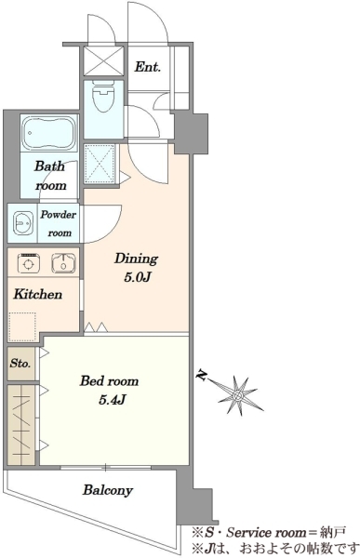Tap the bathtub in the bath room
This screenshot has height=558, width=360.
pos(49,133)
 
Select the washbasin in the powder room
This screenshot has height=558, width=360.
pos(23,223)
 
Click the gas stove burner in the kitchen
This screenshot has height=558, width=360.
pos(29,264)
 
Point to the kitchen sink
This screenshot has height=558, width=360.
pos(63,263)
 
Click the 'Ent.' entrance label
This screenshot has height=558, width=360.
pos(147,67)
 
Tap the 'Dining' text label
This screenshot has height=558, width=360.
pos(136,259)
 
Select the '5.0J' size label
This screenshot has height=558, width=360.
pos(138,277)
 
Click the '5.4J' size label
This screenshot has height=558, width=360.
pos(112,400)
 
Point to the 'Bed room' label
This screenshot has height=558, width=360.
pos(109,381)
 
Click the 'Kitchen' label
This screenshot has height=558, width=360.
pos(38,294)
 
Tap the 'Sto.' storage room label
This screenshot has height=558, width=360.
pos(20,364)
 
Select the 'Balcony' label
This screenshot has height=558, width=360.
pos(108,490)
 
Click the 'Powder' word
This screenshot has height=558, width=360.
pos(58,215)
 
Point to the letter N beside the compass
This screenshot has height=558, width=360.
pos(202,376)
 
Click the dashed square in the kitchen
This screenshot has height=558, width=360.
pos(22,327)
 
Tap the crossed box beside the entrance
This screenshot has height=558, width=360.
pos(103,60)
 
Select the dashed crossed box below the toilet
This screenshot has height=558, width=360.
pos(100,164)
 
